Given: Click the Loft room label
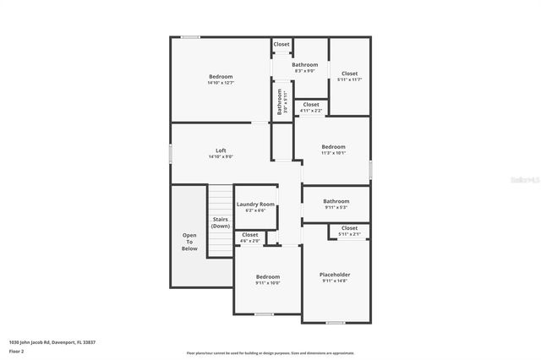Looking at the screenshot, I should click(221, 150).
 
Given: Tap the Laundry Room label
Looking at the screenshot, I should click(255, 205).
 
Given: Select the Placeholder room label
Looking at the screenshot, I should click(335, 275).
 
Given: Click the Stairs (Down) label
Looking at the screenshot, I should click(221, 222).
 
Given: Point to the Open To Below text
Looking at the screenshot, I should click(189, 242).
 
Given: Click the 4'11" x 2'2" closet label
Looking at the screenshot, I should click(311, 107).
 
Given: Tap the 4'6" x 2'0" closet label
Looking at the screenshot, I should click(250, 237).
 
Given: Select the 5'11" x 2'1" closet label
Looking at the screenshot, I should click(349, 231).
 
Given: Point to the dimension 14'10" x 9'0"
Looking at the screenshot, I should click(221, 156).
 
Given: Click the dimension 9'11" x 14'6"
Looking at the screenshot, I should click(335, 281).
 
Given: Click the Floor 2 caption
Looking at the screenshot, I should click(17, 351).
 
